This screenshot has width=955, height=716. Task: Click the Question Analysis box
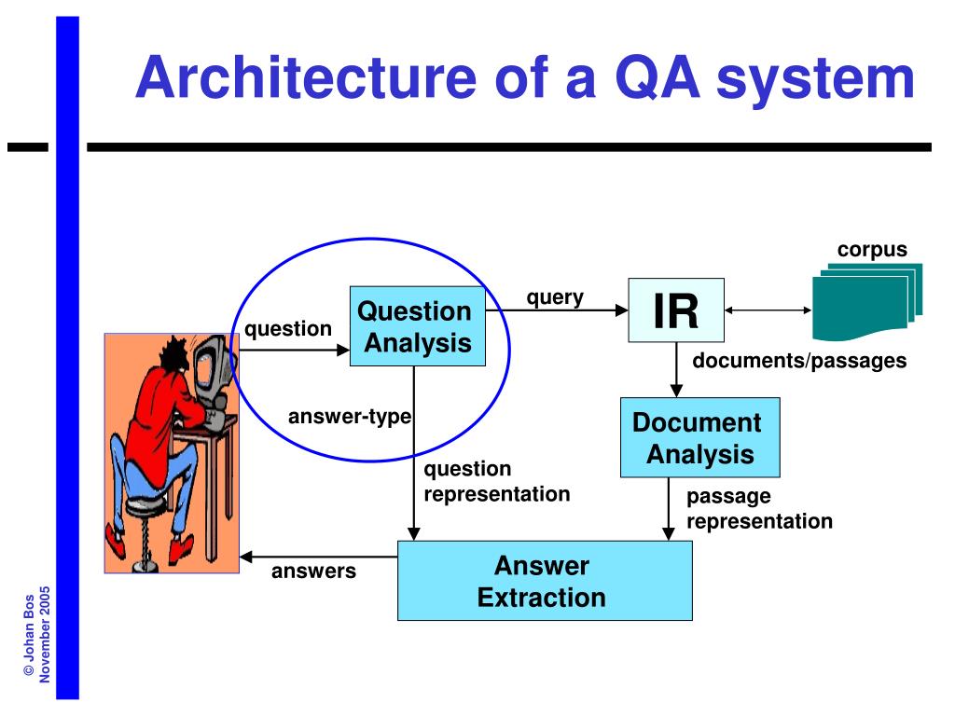tap(417, 326)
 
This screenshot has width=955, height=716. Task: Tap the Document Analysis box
tap(700, 438)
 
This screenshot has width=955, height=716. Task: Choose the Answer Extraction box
tap(545, 581)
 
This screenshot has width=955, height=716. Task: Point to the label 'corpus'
tap(872, 250)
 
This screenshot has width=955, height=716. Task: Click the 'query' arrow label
tap(555, 297)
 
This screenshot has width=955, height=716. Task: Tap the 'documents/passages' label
tap(799, 361)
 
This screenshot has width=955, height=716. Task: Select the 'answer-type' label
tap(350, 416)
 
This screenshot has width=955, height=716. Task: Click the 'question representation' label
tap(496, 481)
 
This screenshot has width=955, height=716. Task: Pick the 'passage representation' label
tap(759, 509)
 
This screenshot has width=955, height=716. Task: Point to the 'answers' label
tap(313, 571)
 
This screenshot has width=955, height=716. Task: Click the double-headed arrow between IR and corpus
tap(768, 311)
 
